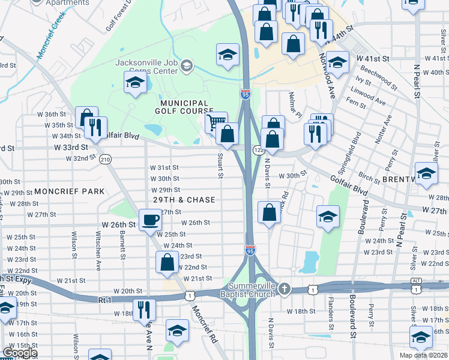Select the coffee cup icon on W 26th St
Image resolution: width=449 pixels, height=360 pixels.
tap(149, 220)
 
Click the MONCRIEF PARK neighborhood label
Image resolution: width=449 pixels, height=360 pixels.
tap(69, 191)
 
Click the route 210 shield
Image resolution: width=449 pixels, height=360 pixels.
tap(106, 159)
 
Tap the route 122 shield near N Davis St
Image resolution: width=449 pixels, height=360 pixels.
tap(258, 149)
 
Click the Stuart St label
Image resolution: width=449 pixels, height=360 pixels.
tap(220, 166)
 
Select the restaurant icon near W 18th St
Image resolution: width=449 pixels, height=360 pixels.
tap(145, 309)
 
